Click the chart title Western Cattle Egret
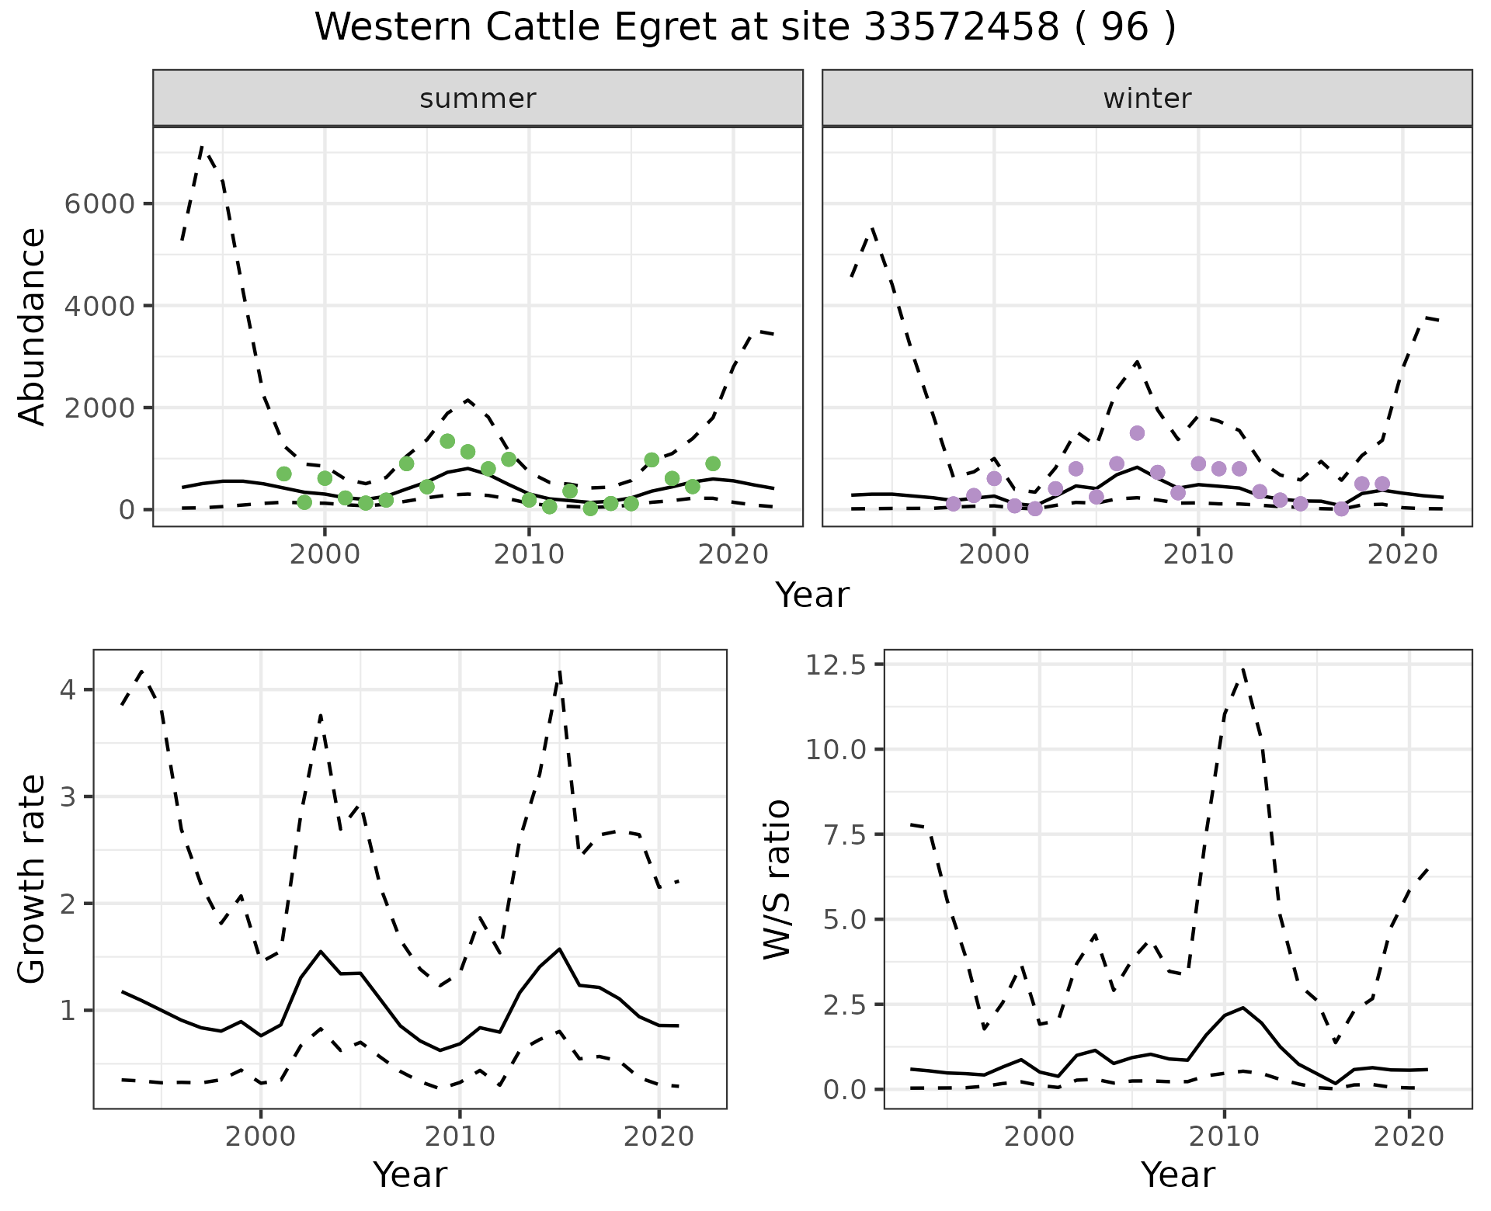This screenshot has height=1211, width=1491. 745,28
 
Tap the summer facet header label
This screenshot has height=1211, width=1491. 478,99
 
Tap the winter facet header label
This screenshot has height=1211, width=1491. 1147,99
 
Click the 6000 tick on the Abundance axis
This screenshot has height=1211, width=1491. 99,204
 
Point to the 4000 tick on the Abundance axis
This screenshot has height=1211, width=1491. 99,306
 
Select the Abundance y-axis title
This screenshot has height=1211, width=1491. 33,326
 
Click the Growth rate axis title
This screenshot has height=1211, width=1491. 33,879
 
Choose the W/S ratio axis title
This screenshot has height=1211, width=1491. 777,879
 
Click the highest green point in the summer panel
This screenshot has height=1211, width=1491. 447,441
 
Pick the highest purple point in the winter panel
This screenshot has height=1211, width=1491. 1137,433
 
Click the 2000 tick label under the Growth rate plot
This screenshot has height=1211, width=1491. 261,1137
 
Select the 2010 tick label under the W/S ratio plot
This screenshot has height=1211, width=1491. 1224,1137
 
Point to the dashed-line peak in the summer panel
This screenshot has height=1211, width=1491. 203,146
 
